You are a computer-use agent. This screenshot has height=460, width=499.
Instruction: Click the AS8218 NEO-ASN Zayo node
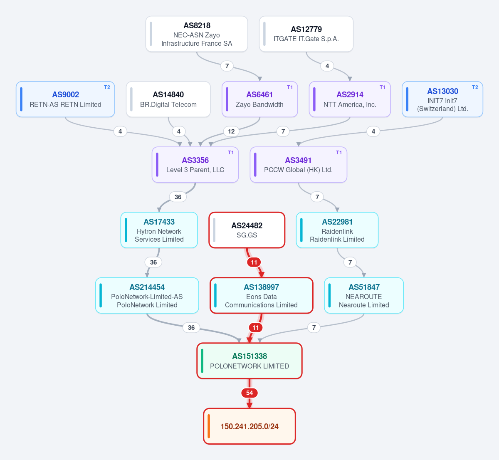[197, 34]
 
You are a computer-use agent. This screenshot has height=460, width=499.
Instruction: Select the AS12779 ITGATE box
[306, 34]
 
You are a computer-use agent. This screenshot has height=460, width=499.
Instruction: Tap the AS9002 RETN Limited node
[65, 99]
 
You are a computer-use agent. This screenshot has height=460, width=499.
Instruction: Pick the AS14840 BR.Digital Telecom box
[168, 99]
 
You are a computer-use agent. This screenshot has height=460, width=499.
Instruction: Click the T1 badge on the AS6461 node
[290, 87]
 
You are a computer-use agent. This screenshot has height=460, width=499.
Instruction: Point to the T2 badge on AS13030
[475, 87]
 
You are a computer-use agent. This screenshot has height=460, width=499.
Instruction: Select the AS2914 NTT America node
[350, 99]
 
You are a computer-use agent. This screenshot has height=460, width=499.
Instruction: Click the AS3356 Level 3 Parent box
[195, 165]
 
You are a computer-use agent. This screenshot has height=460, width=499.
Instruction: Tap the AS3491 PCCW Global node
[298, 165]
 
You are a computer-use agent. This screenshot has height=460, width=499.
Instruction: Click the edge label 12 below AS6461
[231, 131]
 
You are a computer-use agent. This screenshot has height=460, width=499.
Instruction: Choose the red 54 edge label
[249, 393]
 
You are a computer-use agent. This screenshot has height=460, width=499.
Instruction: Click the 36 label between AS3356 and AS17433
[178, 197]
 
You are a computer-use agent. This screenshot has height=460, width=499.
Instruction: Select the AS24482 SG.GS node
[247, 230]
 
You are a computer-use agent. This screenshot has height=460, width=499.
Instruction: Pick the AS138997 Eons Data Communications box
[262, 295]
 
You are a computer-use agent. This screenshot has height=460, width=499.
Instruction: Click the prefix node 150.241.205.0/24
[249, 426]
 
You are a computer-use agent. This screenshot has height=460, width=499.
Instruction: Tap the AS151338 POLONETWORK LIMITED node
[249, 361]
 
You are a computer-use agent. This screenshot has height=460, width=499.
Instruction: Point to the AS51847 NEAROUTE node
[364, 295]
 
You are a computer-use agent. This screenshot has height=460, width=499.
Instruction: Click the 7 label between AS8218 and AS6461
[227, 66]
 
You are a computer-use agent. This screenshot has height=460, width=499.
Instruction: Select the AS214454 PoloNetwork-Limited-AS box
[147, 295]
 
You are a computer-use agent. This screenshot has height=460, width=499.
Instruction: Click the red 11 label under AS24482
[254, 262]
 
